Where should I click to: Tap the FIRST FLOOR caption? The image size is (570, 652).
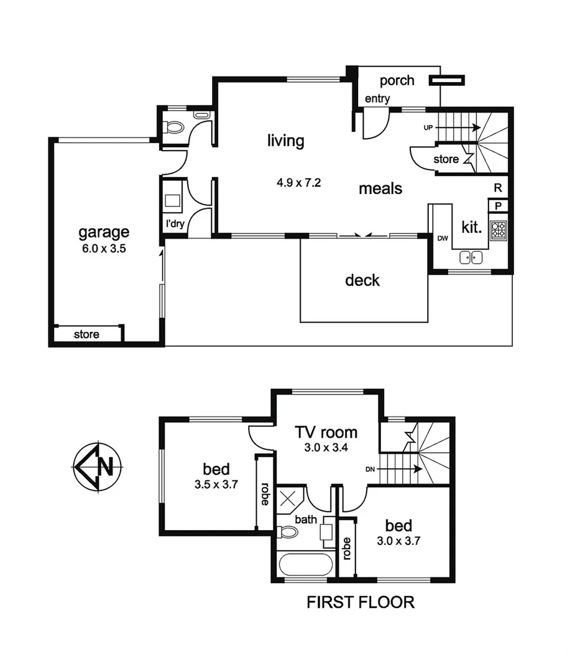360,602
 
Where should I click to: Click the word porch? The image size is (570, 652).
397,81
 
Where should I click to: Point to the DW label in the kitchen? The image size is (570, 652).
443,238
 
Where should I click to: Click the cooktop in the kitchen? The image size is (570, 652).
499,231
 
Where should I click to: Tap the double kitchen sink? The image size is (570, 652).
472,257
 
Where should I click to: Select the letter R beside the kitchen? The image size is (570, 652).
498,187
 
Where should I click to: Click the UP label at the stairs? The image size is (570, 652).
428,127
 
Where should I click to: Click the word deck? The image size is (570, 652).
362,280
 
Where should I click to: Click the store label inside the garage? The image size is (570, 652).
86,334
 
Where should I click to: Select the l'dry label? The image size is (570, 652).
175,224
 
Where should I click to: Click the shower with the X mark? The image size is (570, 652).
289,500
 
